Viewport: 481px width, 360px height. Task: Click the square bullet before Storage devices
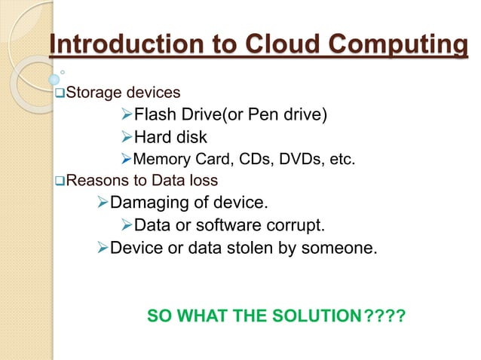point(60,93)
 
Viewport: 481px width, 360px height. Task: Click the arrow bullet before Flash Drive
point(126,115)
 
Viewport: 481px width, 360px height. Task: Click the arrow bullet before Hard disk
point(126,137)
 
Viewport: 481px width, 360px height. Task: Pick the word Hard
point(152,137)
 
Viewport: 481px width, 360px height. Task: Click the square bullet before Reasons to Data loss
point(60,181)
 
